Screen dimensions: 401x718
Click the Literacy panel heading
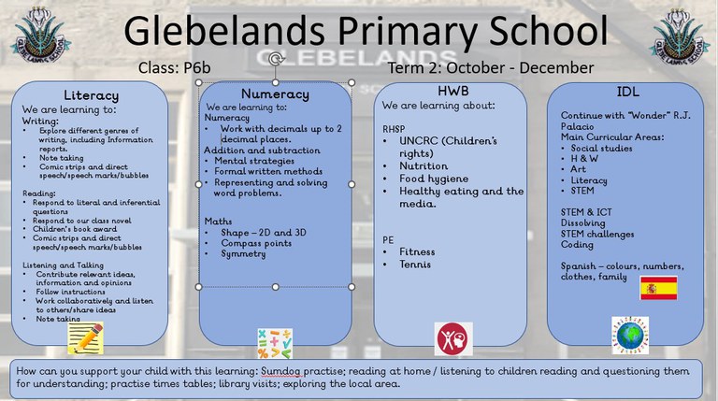[91, 95]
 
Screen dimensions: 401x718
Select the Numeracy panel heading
[275, 94]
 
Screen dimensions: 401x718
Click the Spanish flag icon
[658, 287]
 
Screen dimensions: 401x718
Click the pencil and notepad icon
[86, 337]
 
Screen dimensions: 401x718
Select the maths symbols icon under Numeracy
[274, 342]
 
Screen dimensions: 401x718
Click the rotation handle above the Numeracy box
[275, 61]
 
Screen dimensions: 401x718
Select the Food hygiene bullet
[434, 178]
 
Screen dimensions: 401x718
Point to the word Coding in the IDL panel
[577, 245]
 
